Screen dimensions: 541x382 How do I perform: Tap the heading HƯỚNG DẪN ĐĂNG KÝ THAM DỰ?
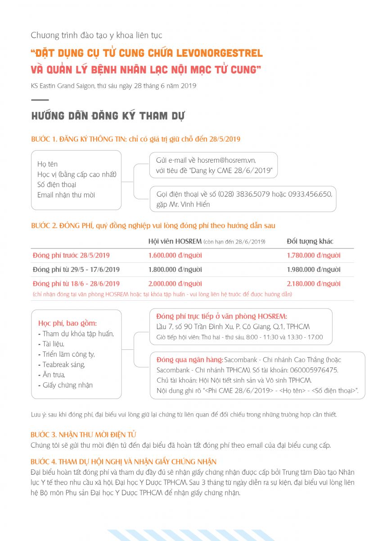(x=108, y=116)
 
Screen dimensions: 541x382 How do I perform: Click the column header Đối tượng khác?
(x=310, y=241)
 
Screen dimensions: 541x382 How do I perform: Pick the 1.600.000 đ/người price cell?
(x=175, y=255)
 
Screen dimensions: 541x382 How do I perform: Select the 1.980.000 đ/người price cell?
(x=314, y=270)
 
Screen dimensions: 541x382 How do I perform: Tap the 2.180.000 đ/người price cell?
(x=314, y=284)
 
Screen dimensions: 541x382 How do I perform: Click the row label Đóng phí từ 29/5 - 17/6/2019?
(x=76, y=270)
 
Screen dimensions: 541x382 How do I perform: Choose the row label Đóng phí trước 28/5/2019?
(x=71, y=255)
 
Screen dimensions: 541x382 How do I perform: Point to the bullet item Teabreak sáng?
(x=63, y=364)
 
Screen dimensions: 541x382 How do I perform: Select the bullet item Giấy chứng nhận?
(x=67, y=385)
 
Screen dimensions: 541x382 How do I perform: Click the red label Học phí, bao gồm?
(x=67, y=323)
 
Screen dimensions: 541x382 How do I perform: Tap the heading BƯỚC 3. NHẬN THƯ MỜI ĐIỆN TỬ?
(x=84, y=435)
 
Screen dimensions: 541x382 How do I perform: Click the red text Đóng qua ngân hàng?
(x=189, y=360)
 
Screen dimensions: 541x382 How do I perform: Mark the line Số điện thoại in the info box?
(x=57, y=184)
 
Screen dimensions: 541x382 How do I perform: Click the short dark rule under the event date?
(x=40, y=100)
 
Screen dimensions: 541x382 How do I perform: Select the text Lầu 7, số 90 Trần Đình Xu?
(x=194, y=326)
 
